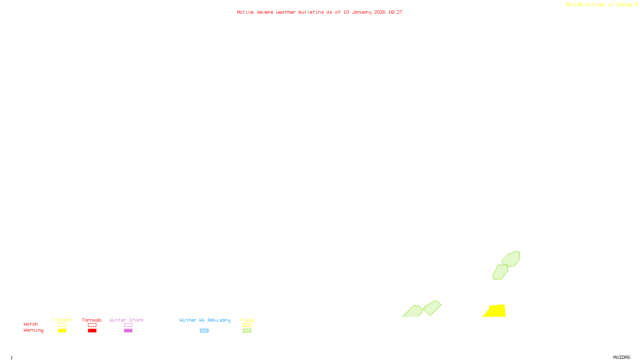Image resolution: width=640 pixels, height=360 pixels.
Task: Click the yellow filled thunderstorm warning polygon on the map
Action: point(496,311)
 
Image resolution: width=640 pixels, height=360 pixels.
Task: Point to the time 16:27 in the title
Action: point(395,12)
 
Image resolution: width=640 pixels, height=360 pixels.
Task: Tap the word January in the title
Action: point(361,12)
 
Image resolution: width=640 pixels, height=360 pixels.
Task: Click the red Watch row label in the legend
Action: point(31,324)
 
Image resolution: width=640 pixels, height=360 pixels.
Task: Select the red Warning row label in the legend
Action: point(34,330)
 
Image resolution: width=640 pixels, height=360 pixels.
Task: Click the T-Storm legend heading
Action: point(62,320)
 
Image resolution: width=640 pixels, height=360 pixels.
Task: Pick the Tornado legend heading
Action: point(92,320)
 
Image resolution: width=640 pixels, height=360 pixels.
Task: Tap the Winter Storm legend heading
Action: point(126,320)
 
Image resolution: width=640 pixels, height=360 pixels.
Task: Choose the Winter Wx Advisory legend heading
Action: point(205,320)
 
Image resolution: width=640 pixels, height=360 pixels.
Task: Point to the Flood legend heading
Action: point(247,320)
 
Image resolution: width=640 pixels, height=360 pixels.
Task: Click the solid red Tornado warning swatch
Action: point(92,331)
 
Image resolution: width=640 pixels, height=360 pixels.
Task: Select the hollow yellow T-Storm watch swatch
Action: point(62,325)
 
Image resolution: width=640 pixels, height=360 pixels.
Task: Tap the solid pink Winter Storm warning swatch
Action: point(128,331)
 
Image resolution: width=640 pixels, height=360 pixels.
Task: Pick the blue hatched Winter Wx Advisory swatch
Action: point(204,331)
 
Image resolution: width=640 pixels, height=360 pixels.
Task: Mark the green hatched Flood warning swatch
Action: point(247,331)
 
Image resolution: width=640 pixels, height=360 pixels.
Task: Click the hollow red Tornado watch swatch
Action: point(92,325)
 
